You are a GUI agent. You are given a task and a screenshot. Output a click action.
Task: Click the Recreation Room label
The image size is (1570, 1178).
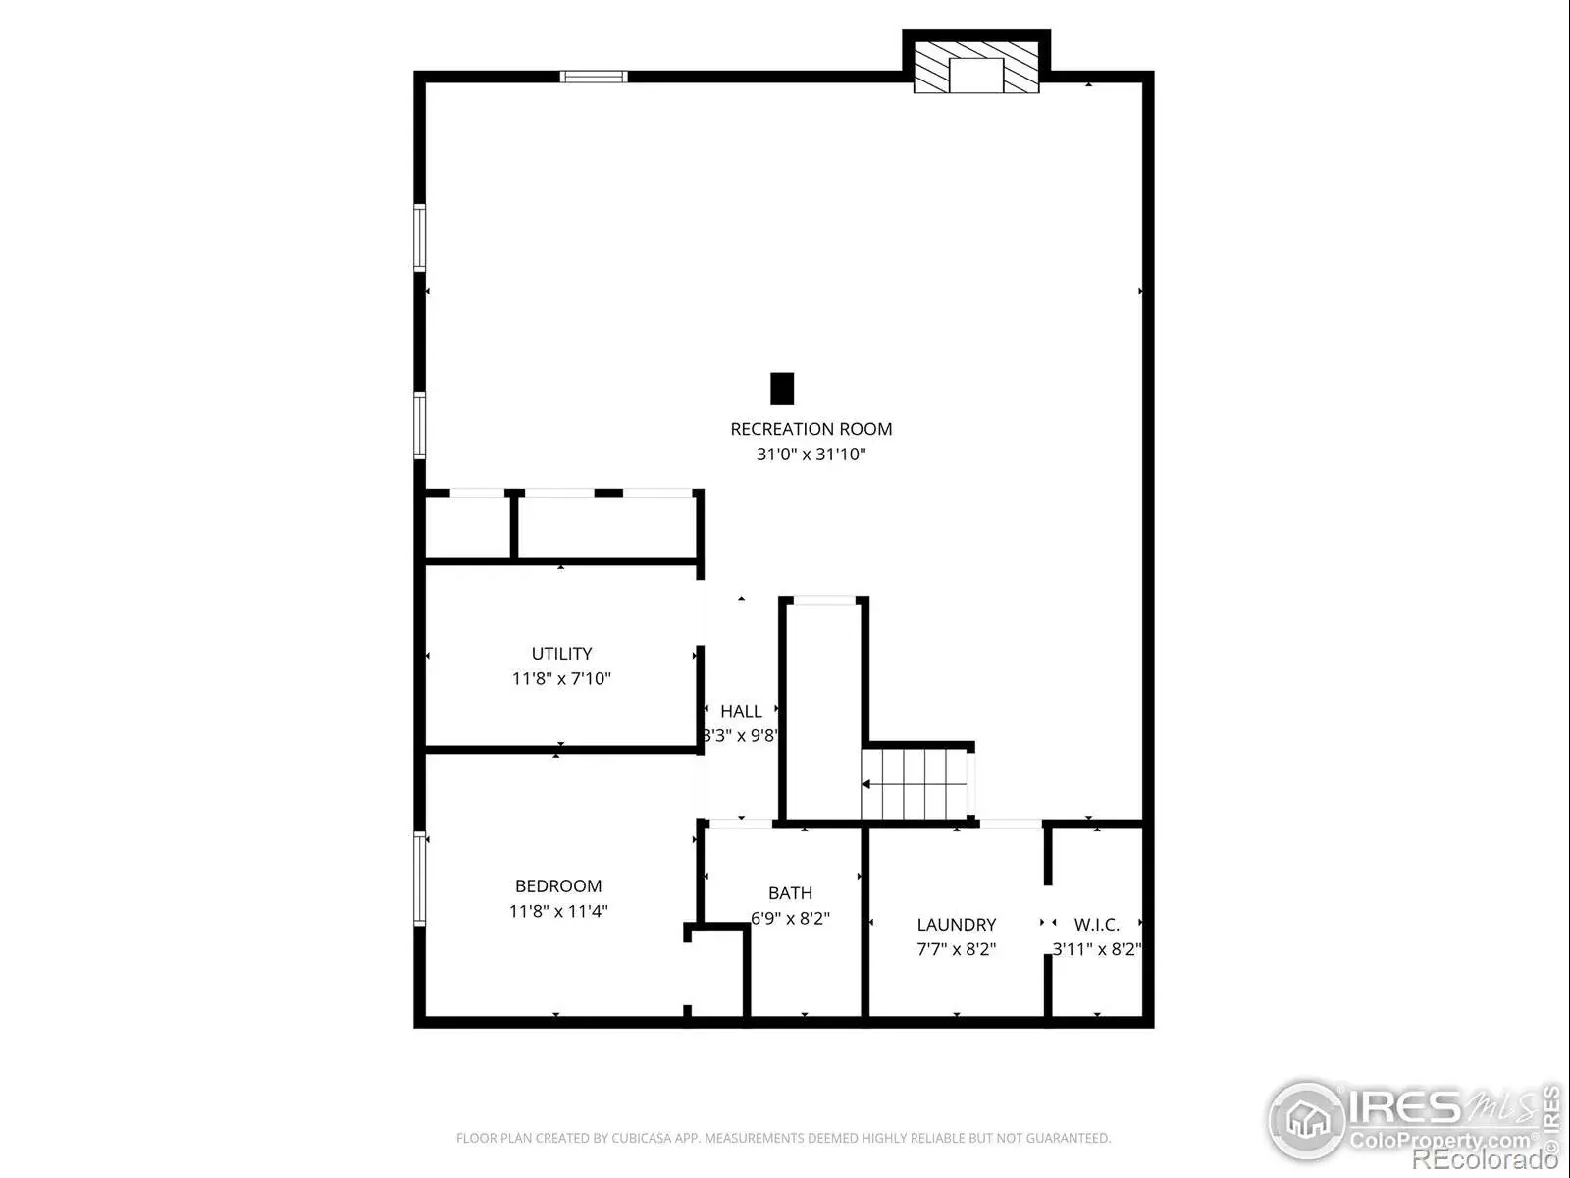(x=811, y=429)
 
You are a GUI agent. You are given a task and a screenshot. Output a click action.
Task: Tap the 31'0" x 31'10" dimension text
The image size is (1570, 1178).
(x=811, y=455)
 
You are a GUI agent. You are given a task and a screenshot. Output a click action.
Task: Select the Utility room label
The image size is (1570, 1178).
(x=561, y=654)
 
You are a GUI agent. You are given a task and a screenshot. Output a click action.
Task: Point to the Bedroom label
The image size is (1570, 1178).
(x=558, y=886)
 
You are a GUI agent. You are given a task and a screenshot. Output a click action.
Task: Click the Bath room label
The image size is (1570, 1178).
(x=790, y=893)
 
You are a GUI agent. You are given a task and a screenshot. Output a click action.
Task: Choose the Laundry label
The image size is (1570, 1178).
(x=957, y=925)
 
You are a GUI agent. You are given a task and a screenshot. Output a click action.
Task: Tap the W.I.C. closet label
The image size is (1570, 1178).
(x=1096, y=925)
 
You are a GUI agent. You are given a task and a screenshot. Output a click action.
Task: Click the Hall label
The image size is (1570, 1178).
(x=741, y=711)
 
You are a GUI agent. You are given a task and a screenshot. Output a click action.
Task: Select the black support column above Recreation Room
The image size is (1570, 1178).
(x=782, y=389)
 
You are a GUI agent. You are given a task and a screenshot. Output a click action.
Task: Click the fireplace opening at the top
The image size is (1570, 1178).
(x=976, y=76)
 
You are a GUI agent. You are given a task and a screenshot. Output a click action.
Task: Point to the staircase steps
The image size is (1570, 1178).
(x=915, y=784)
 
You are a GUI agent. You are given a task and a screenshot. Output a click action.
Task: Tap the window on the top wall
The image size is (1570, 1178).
(x=594, y=77)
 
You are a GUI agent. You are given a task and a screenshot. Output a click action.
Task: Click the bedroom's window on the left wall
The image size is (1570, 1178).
(x=420, y=879)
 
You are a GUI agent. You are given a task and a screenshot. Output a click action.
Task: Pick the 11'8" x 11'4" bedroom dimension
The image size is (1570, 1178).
(x=558, y=911)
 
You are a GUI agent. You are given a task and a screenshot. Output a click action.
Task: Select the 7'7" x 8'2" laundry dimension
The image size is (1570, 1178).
(x=957, y=950)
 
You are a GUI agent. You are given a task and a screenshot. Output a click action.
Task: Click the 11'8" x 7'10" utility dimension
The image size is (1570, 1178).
(x=561, y=678)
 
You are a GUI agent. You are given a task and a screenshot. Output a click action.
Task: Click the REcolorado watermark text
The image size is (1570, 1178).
(x=1485, y=1159)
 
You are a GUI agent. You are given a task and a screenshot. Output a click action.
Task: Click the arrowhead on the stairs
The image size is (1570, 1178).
(x=866, y=784)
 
